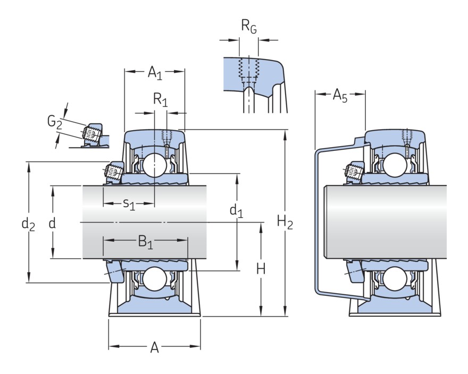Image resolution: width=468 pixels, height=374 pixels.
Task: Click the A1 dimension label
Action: tap(154, 72)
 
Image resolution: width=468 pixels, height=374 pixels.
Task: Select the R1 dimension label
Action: tap(160, 99)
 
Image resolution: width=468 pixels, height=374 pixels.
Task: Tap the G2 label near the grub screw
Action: tap(54, 122)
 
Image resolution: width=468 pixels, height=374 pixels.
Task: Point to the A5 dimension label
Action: tap(340, 96)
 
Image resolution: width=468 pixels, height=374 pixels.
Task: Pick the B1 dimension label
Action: tap(145, 242)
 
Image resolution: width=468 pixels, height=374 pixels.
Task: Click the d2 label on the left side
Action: tap(28, 224)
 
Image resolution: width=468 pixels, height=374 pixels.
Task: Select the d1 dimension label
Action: tap(236, 211)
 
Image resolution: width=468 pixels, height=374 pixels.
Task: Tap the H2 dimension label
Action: tap(285, 223)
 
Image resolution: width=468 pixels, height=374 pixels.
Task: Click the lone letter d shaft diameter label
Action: tap(52, 223)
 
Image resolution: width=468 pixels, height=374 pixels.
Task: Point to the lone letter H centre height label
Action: tap(261, 269)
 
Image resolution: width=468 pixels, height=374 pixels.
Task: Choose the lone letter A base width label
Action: tap(154, 348)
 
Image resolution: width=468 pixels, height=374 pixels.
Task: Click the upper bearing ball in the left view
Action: tap(154, 165)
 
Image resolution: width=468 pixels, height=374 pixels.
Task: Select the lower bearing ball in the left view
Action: tap(154, 279)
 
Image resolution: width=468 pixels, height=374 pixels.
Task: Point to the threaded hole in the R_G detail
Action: tap(248, 67)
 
